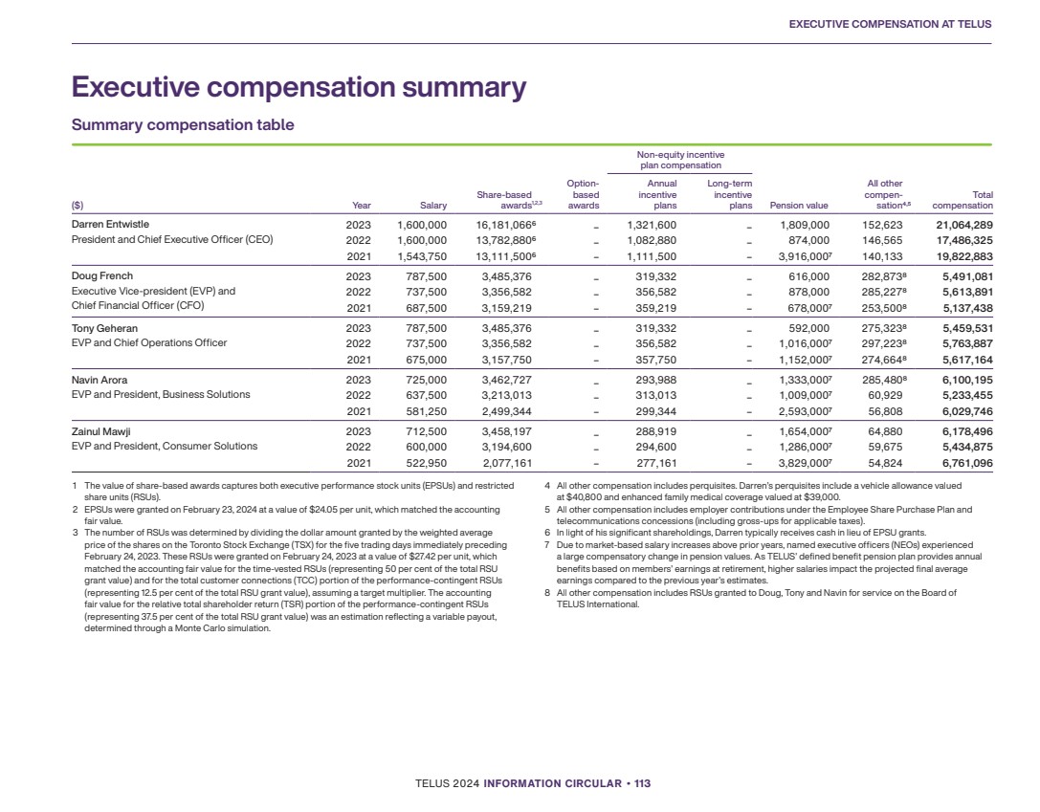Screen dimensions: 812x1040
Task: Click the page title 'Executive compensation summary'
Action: pyautogui.click(x=299, y=88)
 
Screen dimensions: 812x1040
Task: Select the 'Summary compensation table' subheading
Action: pyautogui.click(x=183, y=125)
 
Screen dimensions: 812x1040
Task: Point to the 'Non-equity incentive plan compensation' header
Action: pyautogui.click(x=681, y=160)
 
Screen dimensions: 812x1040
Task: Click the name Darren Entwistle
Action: pyautogui.click(x=111, y=225)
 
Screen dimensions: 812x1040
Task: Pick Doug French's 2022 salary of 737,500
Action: pyautogui.click(x=421, y=292)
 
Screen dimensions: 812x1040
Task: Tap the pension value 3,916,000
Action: pyautogui.click(x=796, y=256)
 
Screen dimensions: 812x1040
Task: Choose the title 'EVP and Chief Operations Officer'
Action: pyautogui.click(x=149, y=343)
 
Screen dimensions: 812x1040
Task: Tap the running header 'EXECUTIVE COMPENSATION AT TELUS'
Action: pyautogui.click(x=890, y=24)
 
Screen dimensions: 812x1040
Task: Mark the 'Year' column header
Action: pyautogui.click(x=362, y=206)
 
